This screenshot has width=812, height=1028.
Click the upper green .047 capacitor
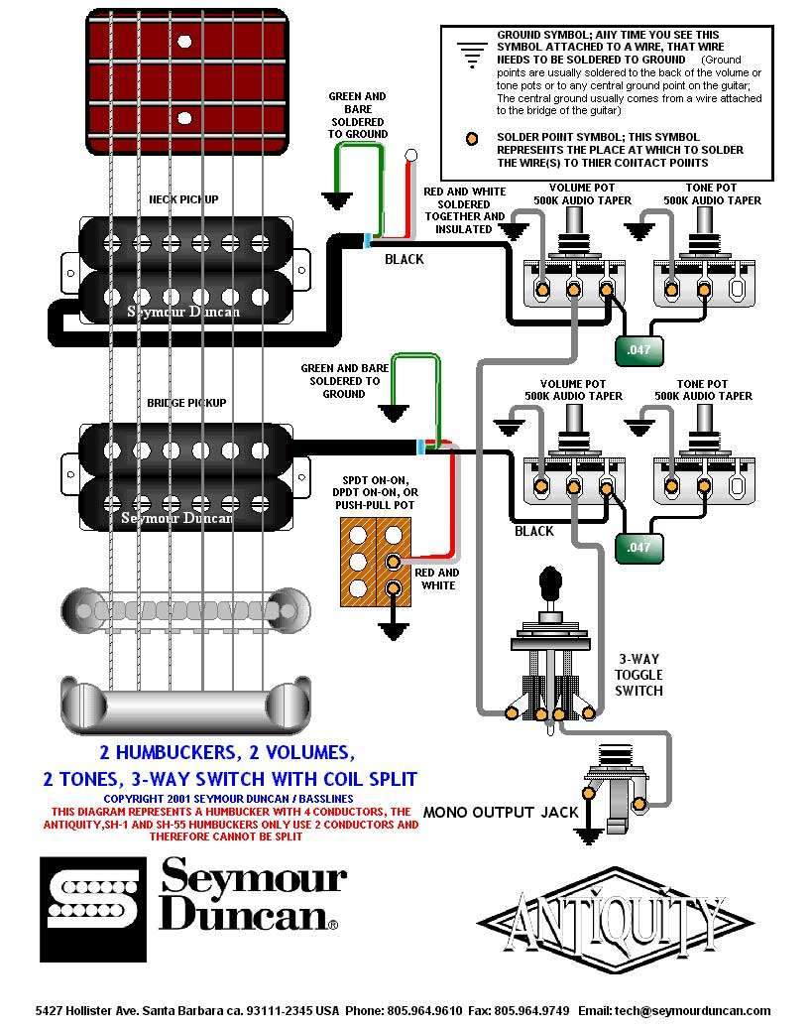click(x=639, y=349)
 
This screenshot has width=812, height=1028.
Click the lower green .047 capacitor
click(x=639, y=547)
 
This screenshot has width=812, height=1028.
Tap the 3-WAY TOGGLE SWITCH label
click(x=638, y=674)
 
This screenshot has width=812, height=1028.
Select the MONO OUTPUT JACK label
click(x=500, y=812)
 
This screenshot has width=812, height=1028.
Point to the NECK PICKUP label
click(x=183, y=199)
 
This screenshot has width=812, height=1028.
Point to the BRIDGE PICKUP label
click(x=187, y=403)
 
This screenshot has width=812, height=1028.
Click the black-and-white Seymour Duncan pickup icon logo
click(x=93, y=893)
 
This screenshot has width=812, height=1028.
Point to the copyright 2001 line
click(x=228, y=798)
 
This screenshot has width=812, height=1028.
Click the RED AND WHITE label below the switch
click(x=436, y=578)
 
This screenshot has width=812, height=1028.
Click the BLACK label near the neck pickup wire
click(x=404, y=259)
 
